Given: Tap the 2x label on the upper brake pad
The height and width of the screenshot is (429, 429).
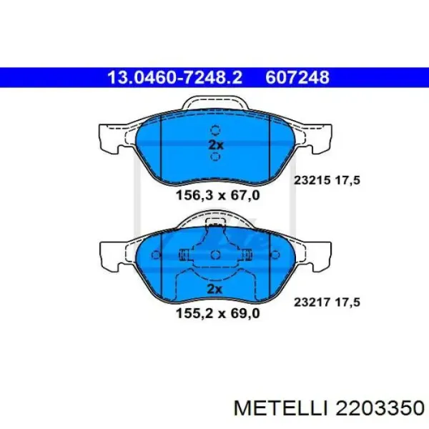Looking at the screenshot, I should point(215,144).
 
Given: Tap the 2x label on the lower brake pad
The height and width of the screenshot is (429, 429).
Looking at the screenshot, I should point(215,288).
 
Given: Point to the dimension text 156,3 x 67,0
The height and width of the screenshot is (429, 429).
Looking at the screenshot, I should point(215,195).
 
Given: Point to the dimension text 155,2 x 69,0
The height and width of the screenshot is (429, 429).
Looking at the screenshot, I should point(215,312).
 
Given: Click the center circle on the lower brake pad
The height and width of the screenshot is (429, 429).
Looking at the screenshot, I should point(215,255).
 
